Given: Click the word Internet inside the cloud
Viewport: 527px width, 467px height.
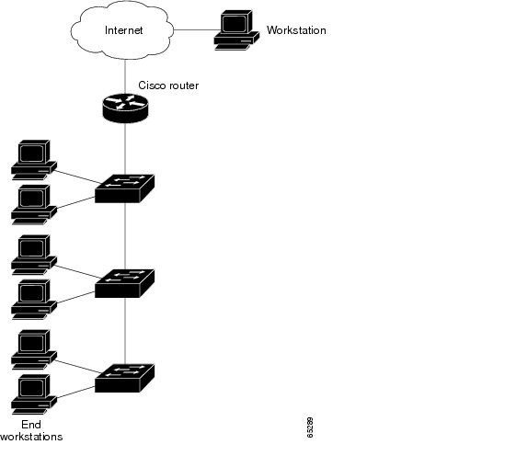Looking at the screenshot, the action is (x=123, y=30).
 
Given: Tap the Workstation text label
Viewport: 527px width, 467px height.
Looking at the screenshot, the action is (x=296, y=30).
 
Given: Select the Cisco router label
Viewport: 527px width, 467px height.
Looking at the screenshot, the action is (x=168, y=85).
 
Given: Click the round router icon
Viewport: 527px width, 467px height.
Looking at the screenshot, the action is (x=125, y=108).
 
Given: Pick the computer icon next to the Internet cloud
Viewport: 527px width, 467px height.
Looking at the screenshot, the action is (x=236, y=30).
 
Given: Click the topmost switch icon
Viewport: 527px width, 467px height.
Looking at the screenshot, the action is (x=125, y=188).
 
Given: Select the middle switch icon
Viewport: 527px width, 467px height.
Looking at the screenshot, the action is (x=125, y=283).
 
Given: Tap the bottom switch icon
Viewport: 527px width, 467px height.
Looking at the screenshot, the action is (x=125, y=378).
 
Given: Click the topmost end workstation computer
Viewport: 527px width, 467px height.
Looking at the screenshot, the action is (x=34, y=160).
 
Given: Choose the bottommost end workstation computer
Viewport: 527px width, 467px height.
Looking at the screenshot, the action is (x=34, y=394).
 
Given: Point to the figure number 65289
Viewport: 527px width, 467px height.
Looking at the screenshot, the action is (x=310, y=427).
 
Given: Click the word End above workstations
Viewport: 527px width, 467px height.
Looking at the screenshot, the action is (x=31, y=425).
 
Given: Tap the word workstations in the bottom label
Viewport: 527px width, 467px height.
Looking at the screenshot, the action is (x=31, y=437).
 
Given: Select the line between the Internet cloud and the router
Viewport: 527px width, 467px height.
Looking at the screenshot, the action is (x=125, y=76).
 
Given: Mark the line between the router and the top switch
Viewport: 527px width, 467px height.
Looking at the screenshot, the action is (x=125, y=149).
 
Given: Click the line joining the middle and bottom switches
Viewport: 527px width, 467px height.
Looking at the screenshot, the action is (x=125, y=331).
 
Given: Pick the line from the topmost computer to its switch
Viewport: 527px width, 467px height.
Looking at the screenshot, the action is (x=78, y=177).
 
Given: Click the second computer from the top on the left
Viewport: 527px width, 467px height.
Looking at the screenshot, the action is (x=34, y=205).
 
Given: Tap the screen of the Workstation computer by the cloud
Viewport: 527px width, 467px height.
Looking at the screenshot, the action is (x=235, y=23).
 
